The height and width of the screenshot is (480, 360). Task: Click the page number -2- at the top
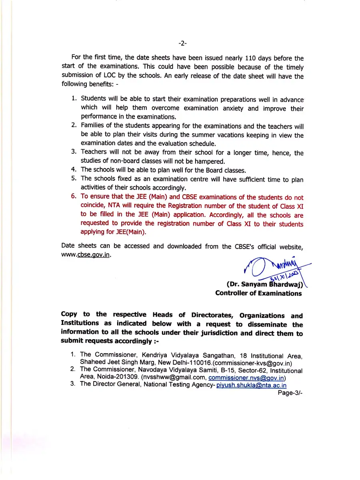182,43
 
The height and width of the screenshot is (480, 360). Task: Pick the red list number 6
74,196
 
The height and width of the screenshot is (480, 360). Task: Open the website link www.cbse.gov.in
86,255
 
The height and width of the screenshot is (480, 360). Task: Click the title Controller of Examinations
258,294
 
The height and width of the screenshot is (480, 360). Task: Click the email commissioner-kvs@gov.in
252,363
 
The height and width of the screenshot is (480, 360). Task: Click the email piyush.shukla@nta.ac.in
251,386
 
